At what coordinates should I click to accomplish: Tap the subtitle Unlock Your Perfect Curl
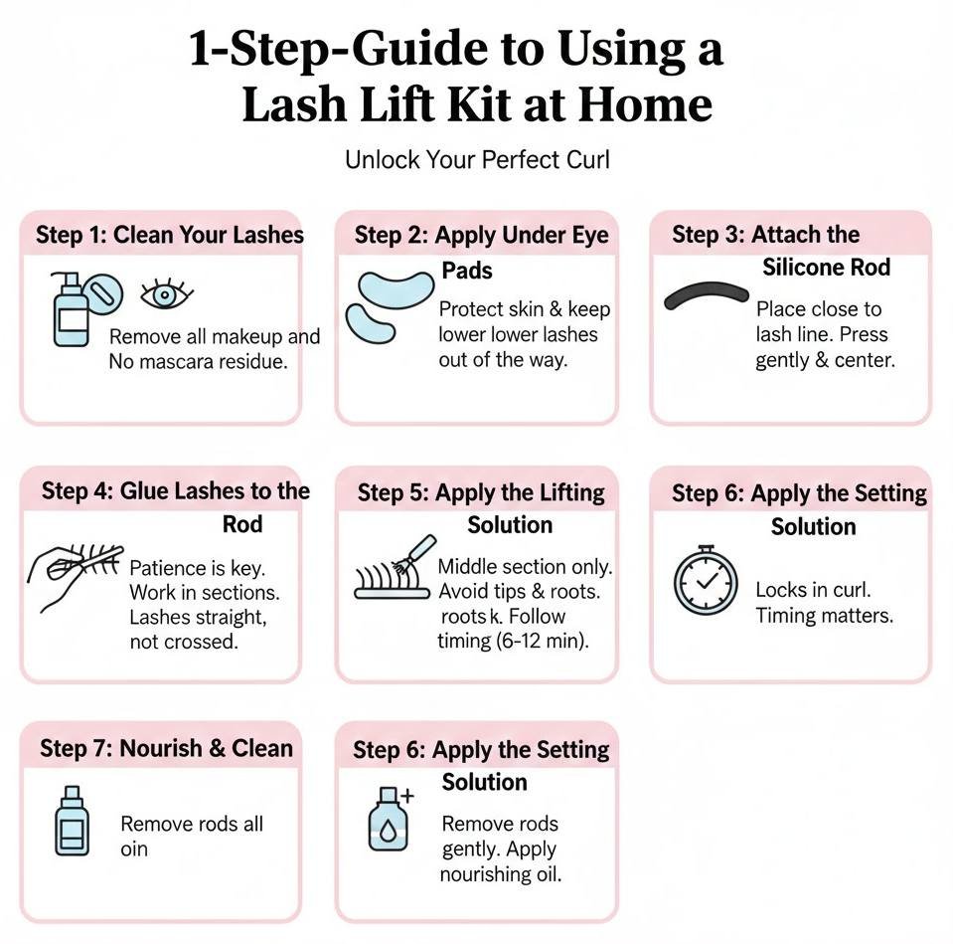point(477,159)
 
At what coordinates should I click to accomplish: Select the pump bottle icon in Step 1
point(71,310)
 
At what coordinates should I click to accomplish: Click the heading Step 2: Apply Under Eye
point(482,236)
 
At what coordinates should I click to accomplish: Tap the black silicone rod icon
point(706,292)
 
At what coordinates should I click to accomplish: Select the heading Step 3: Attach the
point(765,235)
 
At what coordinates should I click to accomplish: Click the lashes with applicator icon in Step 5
point(395,570)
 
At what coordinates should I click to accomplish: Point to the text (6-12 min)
point(542,642)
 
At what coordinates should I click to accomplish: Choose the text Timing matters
point(824,616)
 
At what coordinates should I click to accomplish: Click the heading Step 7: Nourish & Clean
point(166,749)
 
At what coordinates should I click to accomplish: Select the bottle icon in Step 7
point(71,823)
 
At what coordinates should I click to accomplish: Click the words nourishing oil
point(501,875)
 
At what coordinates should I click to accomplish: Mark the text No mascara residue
point(198,362)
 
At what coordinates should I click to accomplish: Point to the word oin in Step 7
point(133,850)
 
